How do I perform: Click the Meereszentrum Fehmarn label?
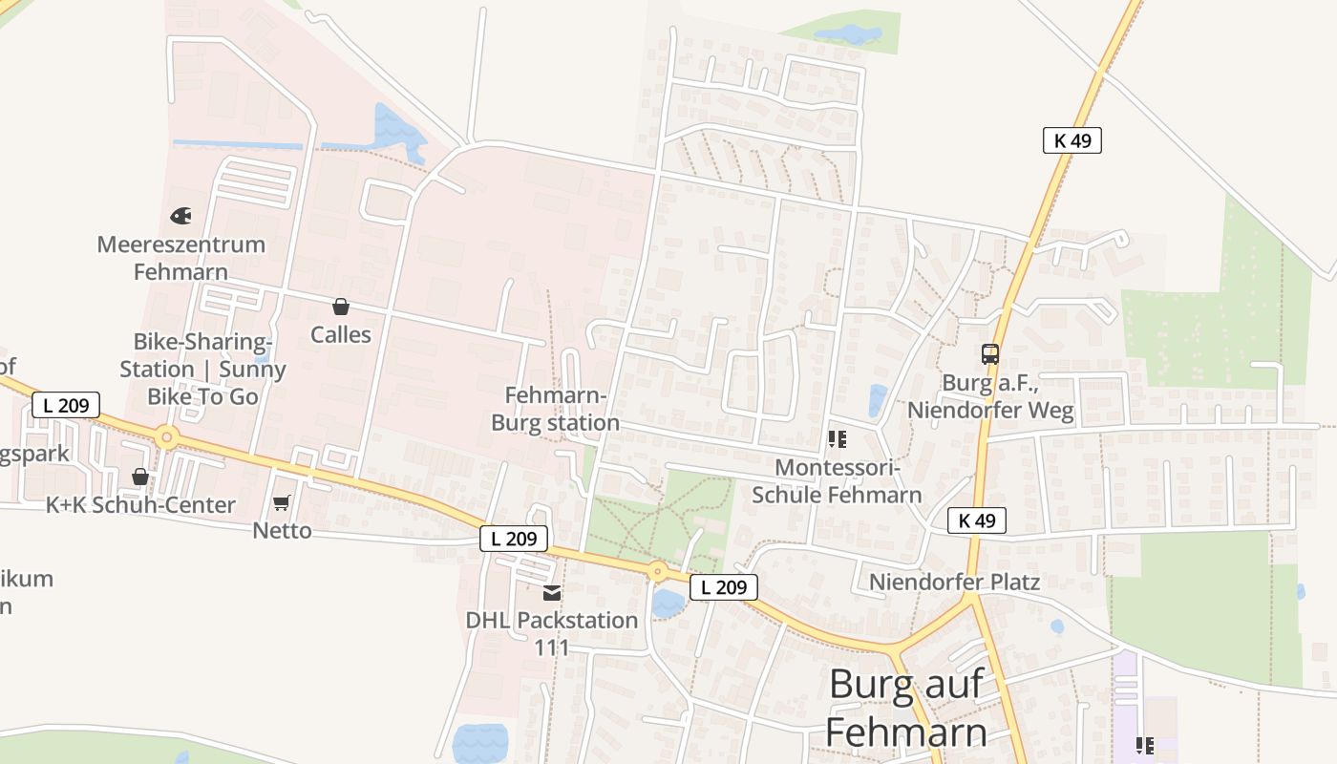click(x=180, y=258)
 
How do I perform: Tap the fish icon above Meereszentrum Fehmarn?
click(x=180, y=216)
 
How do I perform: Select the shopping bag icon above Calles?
click(x=340, y=307)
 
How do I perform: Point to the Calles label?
click(x=341, y=334)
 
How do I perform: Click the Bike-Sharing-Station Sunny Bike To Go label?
click(x=202, y=369)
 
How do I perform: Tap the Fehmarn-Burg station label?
click(x=555, y=409)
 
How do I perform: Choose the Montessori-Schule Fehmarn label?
click(x=837, y=481)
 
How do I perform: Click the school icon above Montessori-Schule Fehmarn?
click(x=837, y=439)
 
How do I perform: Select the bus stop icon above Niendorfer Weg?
click(x=990, y=354)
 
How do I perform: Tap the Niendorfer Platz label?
click(x=954, y=582)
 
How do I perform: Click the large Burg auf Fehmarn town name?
click(x=906, y=708)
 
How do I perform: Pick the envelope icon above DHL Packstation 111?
click(x=552, y=593)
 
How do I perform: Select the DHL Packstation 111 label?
click(x=552, y=633)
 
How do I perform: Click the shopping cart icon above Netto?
click(x=282, y=502)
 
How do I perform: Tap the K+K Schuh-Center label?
click(x=140, y=505)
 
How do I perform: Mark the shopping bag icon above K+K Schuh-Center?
click(x=140, y=477)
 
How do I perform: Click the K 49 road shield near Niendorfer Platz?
click(x=977, y=520)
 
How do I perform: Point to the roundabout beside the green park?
click(x=656, y=572)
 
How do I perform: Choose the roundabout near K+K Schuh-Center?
click(x=168, y=438)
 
